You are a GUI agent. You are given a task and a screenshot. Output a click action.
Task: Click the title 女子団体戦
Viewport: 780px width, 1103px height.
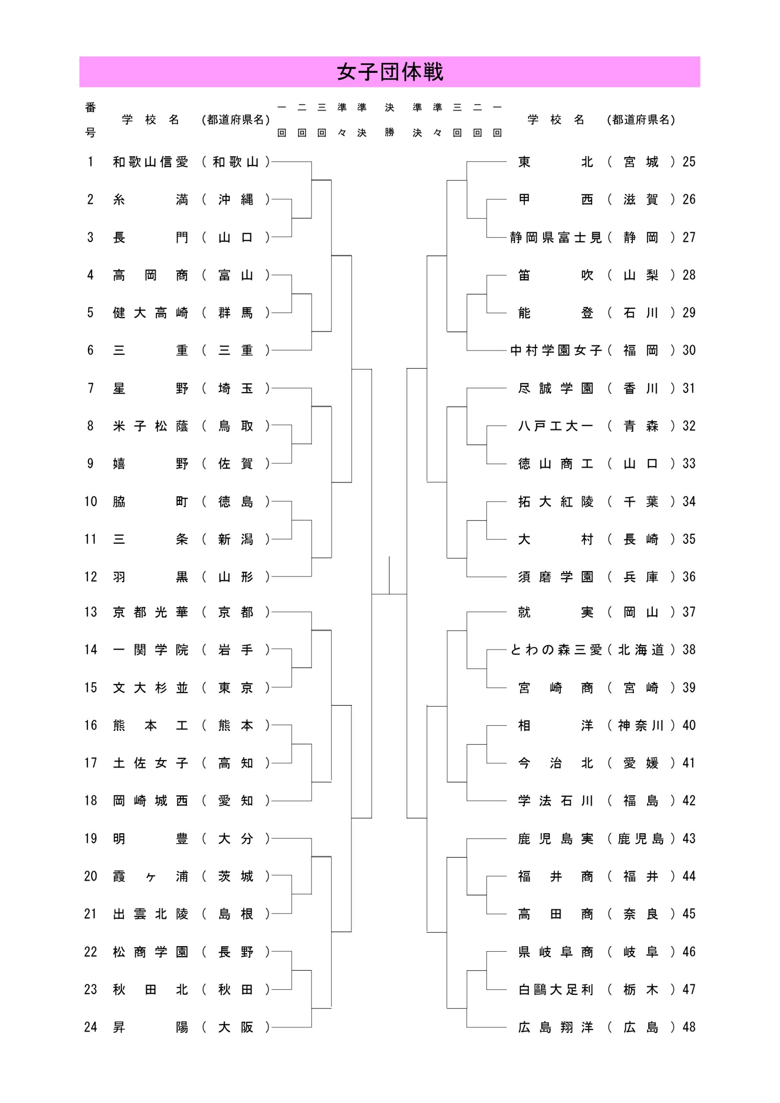tap(390, 72)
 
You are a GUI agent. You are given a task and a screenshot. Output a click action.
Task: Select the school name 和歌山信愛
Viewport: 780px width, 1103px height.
tap(150, 162)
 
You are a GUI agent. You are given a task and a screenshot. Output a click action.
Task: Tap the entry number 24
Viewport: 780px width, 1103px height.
tap(91, 1027)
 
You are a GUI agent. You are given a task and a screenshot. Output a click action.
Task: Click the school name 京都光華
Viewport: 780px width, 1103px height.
tap(150, 612)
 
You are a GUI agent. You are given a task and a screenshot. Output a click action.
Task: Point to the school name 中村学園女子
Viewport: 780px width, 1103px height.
tap(556, 350)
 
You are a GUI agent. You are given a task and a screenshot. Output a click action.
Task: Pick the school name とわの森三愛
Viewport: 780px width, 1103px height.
tap(556, 649)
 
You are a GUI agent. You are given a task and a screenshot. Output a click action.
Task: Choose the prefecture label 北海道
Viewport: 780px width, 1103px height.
tap(641, 649)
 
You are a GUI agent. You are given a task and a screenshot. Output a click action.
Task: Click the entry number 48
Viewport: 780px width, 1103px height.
tap(689, 1027)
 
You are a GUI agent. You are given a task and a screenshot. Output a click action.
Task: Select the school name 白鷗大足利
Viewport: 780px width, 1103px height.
tap(555, 989)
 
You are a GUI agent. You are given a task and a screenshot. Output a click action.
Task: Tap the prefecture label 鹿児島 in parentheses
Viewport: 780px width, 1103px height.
tap(641, 838)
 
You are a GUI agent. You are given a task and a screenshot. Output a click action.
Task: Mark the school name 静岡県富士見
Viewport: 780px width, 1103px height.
tap(556, 237)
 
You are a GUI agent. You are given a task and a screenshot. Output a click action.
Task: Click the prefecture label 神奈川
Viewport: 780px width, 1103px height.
tap(641, 725)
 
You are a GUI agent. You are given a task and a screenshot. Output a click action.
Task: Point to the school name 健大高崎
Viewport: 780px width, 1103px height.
tap(150, 313)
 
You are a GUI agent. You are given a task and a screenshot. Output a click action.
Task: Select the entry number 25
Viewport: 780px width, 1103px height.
tap(689, 162)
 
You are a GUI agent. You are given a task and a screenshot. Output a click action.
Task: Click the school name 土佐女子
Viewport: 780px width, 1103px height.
tap(150, 763)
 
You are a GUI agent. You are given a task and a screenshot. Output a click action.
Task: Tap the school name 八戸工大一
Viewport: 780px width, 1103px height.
tap(555, 426)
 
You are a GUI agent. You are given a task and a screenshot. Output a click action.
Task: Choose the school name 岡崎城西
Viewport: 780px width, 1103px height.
tap(150, 801)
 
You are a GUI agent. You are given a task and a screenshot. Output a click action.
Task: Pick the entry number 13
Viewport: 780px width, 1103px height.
tap(91, 612)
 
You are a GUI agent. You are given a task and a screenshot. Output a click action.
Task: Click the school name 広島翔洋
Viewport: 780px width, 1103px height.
tap(555, 1027)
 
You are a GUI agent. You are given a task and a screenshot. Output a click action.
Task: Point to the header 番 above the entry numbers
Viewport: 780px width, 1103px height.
tap(90, 107)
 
